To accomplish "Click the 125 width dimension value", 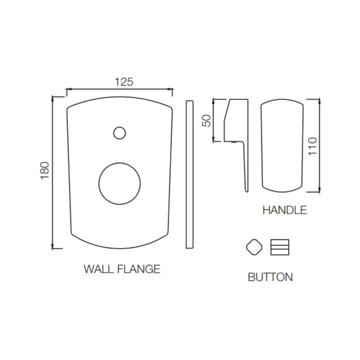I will [x=124, y=82].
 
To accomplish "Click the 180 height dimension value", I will [x=45, y=170].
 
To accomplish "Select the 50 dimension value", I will [x=207, y=120].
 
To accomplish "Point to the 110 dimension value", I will [x=313, y=146].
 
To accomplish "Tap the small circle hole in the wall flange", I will [x=119, y=133].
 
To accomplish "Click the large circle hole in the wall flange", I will [x=119, y=184].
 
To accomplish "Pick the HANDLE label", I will [x=284, y=210].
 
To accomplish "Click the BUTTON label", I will [x=270, y=277].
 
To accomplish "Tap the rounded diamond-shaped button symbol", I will [x=254, y=247].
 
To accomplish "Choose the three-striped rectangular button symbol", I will [x=280, y=247].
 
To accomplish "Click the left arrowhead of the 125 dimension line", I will [x=68, y=89].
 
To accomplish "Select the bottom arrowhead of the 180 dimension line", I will [x=53, y=246].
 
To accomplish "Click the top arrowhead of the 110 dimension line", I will [x=319, y=101].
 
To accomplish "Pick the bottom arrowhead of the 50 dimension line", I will [x=214, y=139].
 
